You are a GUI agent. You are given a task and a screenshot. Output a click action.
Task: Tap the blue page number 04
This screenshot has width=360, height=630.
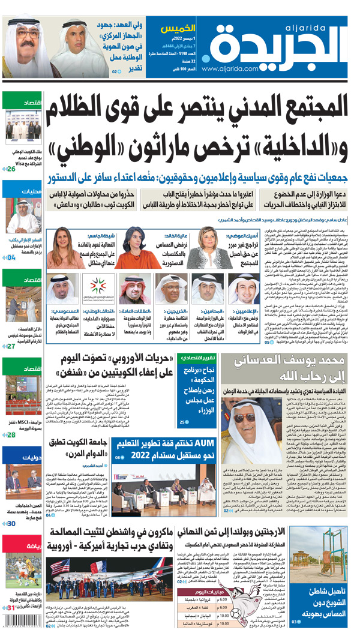[x=11, y=257]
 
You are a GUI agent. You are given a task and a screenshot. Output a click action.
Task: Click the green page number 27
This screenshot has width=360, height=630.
[x=11, y=346]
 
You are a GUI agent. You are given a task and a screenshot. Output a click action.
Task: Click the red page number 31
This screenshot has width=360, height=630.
[x=10, y=607]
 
